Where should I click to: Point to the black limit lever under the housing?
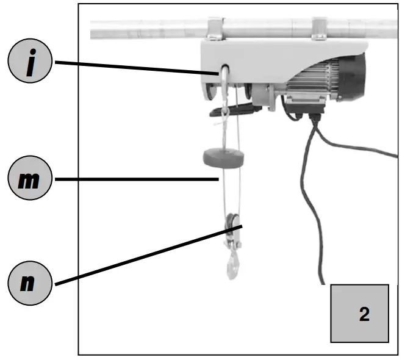(x=235, y=111)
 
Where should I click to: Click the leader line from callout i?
(x=134, y=67)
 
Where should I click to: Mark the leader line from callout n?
(x=146, y=255)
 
